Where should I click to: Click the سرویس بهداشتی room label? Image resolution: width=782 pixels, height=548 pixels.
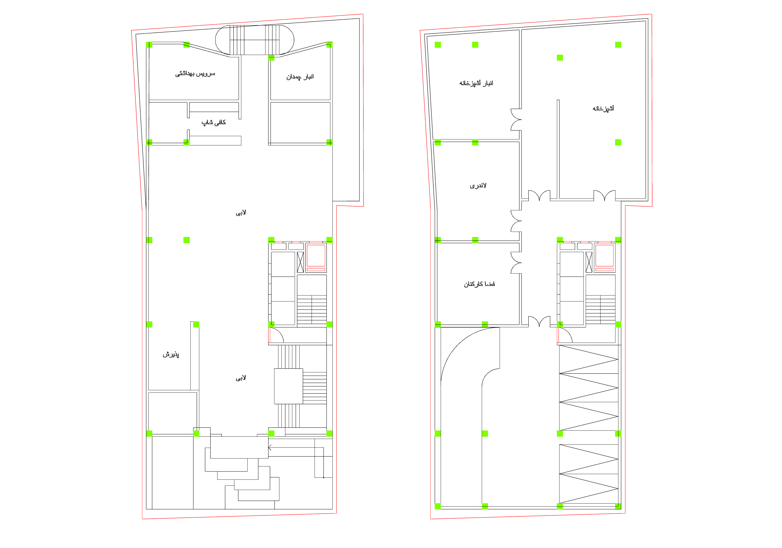[x=195, y=74]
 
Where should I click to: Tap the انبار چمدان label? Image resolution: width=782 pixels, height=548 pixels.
[x=300, y=77]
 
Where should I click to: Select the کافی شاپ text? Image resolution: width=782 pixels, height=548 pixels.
[x=214, y=122]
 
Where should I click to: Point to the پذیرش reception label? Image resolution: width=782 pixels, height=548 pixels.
[x=171, y=355]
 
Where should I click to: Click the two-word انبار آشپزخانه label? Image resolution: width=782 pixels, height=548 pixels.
[x=476, y=83]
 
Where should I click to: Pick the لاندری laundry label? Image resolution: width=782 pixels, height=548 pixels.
[x=478, y=186]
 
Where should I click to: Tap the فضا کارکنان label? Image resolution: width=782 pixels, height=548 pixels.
[x=479, y=284]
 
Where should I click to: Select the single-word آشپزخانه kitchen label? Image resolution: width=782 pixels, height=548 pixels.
[x=603, y=108]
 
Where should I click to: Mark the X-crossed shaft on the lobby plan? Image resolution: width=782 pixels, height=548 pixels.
[x=300, y=262]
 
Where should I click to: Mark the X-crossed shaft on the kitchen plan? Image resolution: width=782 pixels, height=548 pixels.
[x=589, y=262]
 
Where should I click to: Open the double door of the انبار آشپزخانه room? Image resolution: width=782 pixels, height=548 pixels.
[x=516, y=120]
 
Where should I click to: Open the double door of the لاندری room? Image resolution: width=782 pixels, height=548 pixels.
[x=516, y=221]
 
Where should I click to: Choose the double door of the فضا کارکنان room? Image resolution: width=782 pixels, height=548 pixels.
[x=516, y=263]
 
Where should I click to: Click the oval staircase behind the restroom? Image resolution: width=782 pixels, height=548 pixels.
[x=254, y=40]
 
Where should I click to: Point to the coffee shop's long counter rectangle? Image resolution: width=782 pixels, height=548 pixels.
[x=215, y=141]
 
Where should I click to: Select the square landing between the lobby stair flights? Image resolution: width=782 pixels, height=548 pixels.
[x=288, y=386]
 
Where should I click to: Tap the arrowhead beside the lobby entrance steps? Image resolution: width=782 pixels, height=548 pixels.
[x=270, y=448]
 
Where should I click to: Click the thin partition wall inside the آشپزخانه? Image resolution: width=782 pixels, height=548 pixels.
[x=558, y=149]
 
